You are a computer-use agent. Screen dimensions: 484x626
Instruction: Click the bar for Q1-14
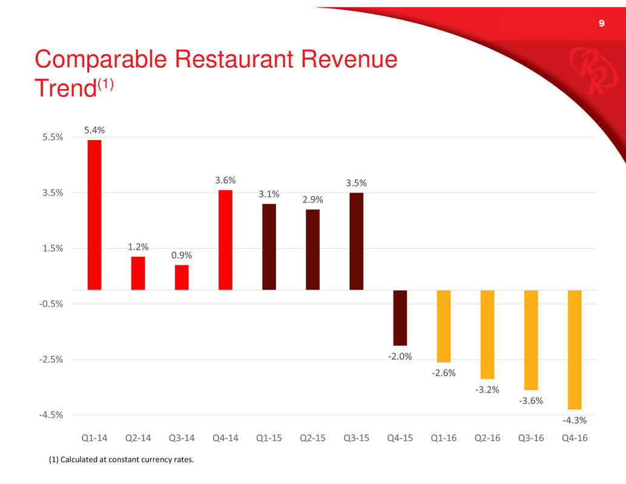click(x=94, y=215)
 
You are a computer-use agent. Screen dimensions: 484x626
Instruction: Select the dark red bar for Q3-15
click(x=357, y=241)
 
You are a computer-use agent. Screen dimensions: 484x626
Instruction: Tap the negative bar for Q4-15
click(x=400, y=317)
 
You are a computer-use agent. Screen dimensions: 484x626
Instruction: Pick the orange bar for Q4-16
click(x=575, y=350)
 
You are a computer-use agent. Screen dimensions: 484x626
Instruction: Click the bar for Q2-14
click(x=138, y=273)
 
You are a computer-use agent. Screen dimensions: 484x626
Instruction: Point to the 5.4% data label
click(x=94, y=130)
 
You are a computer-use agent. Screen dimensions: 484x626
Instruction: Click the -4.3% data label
click(x=575, y=420)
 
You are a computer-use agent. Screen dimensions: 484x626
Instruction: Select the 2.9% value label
click(x=313, y=199)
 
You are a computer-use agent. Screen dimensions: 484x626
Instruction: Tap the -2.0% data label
click(x=400, y=356)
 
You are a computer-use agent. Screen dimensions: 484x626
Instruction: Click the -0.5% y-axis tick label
click(x=53, y=303)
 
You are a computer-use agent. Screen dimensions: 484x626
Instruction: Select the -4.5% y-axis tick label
click(x=53, y=415)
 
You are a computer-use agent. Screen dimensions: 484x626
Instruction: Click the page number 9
click(x=601, y=24)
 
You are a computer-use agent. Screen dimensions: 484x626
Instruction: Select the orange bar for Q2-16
click(x=487, y=334)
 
